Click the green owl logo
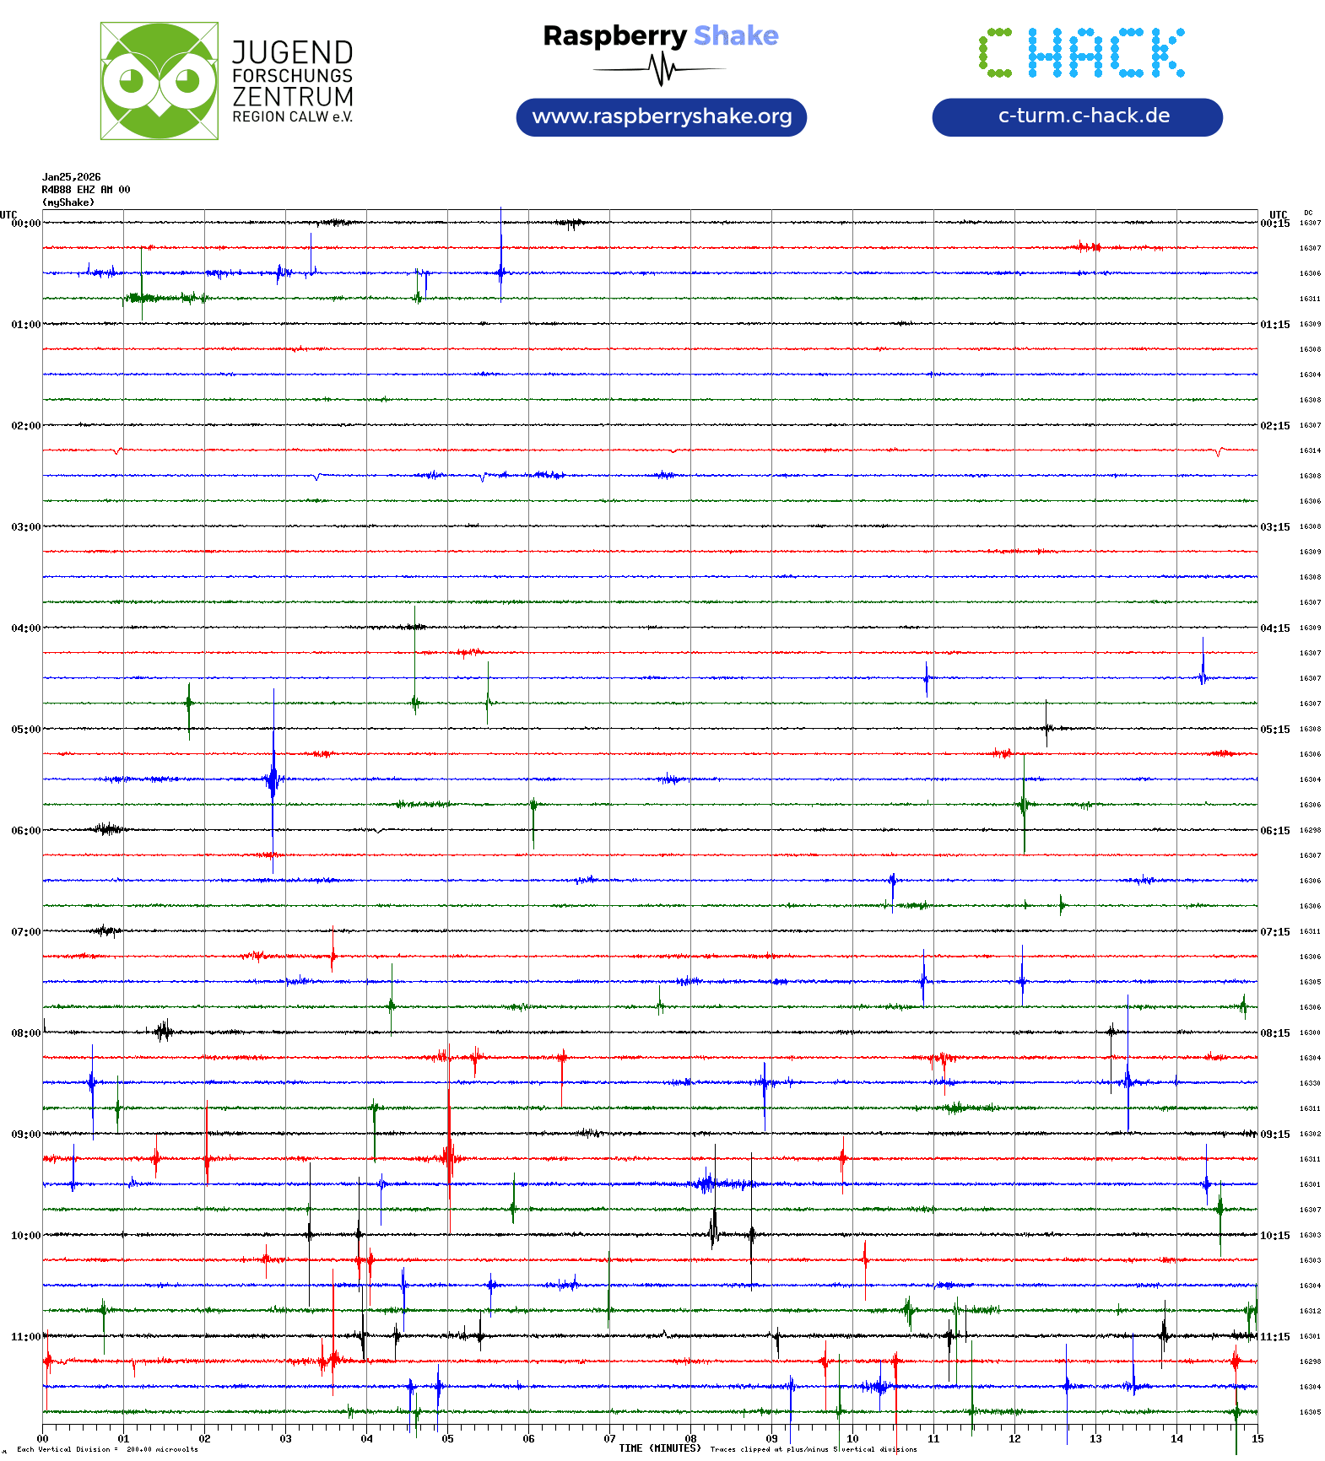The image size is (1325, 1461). (159, 81)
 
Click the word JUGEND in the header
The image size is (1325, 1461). (292, 53)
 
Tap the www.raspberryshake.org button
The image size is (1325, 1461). (661, 116)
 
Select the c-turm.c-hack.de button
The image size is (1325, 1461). (1077, 116)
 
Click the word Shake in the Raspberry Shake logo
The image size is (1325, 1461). (736, 35)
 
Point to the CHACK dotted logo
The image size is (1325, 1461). (1081, 53)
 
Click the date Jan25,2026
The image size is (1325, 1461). (72, 177)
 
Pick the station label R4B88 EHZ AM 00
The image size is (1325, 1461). (86, 190)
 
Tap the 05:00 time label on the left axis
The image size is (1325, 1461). (25, 730)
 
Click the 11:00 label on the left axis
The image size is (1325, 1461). (25, 1337)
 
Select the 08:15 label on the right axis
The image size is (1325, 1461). (1274, 1033)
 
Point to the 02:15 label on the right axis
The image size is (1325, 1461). (1274, 426)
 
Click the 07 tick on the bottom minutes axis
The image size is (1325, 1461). (609, 1439)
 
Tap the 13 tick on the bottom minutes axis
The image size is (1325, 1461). (1095, 1439)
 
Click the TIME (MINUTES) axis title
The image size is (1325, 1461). (659, 1448)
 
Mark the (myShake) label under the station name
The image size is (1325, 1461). (68, 202)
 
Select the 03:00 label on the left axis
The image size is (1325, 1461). (25, 527)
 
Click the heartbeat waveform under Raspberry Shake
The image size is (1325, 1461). (661, 69)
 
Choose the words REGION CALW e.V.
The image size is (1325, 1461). (292, 117)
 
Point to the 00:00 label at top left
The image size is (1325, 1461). (25, 224)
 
